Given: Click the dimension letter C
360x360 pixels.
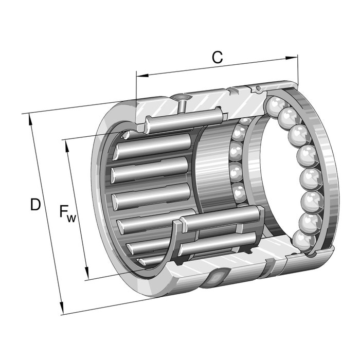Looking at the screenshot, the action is tap(217, 58).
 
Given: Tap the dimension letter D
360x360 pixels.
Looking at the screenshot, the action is tap(35, 205).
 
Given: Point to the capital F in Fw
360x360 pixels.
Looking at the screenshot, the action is tap(64, 211).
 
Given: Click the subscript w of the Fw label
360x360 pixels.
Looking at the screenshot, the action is tap(71, 219).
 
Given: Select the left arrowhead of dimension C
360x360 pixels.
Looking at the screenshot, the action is tap(142, 75).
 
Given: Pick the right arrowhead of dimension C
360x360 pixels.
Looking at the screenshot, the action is tap(292, 58).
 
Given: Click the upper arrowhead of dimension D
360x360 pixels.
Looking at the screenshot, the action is tap(30, 120).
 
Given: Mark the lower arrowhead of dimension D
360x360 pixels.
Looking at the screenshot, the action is tap(62, 309).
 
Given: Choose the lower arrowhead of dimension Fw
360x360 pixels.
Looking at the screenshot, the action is tap(87, 273).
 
